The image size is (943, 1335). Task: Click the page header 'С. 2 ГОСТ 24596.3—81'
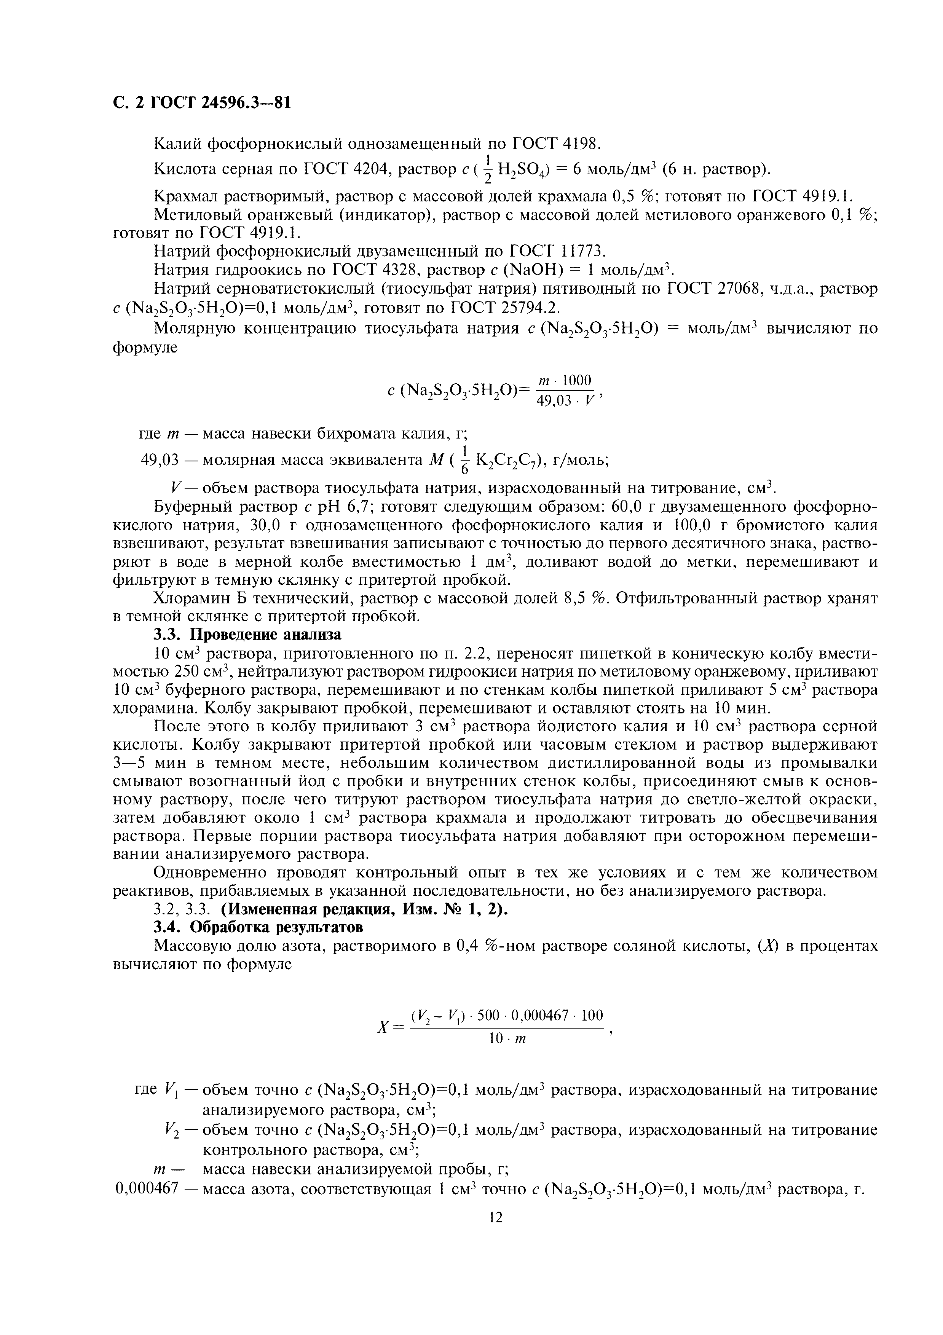click(x=201, y=103)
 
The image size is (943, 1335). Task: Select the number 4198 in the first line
click(x=567, y=143)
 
